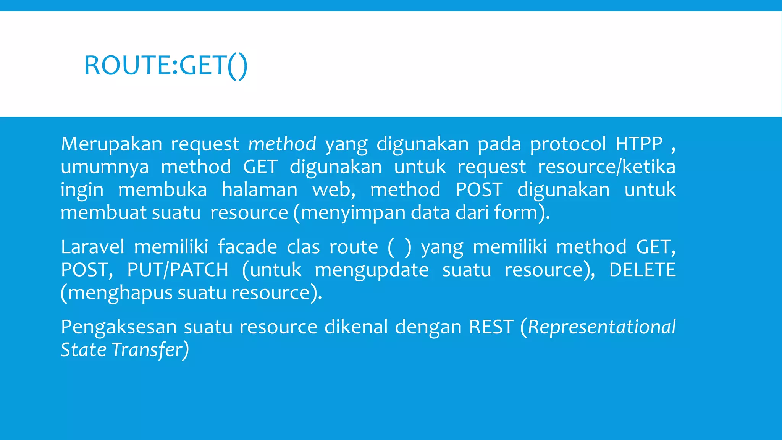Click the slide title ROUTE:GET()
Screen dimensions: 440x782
click(x=166, y=66)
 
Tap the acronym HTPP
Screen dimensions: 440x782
click(x=639, y=144)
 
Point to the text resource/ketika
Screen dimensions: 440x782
click(x=606, y=167)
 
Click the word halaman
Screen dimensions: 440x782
click(x=259, y=190)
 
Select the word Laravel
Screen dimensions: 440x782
click(x=92, y=247)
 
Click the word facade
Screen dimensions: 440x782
click(x=247, y=247)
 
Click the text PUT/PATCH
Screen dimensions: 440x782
click(x=178, y=270)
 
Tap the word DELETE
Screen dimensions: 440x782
click(x=642, y=270)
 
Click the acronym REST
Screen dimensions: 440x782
click(x=491, y=327)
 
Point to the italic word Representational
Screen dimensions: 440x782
click(x=602, y=328)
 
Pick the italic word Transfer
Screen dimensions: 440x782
click(x=147, y=350)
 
